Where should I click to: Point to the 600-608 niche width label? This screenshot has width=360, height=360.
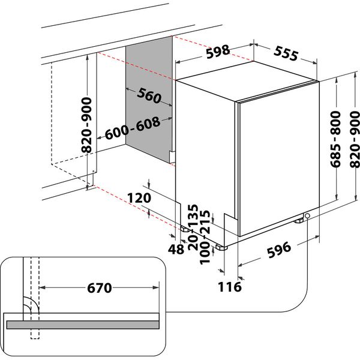pyautogui.click(x=133, y=128)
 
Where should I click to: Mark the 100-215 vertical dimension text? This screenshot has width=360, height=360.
pyautogui.click(x=207, y=234)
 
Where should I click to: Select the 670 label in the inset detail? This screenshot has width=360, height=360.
pyautogui.click(x=100, y=289)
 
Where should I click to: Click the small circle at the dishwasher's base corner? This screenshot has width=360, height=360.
pyautogui.click(x=308, y=217)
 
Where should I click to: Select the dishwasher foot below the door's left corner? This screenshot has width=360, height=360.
pyautogui.click(x=221, y=246)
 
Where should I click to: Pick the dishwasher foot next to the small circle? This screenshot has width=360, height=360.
pyautogui.click(x=299, y=221)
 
